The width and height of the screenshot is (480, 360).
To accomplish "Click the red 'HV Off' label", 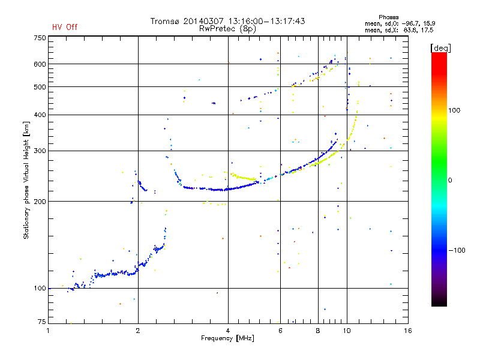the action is (65, 27).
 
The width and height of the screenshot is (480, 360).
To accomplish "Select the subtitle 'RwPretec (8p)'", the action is (227, 29).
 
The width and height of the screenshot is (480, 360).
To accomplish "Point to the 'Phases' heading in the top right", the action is (388, 17).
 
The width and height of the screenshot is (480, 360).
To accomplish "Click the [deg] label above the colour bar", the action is (440, 48).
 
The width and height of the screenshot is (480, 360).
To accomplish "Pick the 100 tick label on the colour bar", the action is (454, 110).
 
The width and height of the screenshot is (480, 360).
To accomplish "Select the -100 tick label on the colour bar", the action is (457, 250).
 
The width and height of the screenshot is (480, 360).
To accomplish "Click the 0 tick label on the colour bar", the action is (450, 180).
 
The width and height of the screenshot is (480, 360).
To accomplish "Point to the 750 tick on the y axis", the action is (40, 38).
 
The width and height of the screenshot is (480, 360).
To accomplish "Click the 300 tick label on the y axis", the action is (40, 151).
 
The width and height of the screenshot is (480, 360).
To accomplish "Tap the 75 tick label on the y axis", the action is (42, 322).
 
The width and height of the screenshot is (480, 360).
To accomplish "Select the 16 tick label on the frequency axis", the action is (408, 331).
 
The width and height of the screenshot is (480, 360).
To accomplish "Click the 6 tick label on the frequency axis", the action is (280, 331).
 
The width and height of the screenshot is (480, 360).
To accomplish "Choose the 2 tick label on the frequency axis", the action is (138, 331).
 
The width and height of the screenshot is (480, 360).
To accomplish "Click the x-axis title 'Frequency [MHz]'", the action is (227, 338).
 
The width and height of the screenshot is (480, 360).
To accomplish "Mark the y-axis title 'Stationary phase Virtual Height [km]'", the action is (26, 180).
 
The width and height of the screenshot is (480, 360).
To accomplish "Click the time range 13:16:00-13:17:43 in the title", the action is (266, 21).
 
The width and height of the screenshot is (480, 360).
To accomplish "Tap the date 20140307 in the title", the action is (203, 21).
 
